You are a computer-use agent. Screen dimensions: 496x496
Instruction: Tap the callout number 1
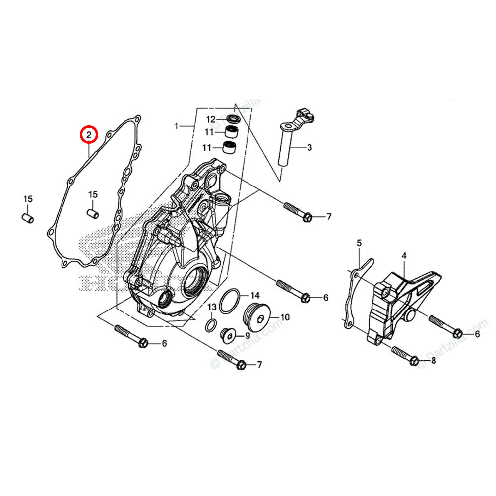point(176,126)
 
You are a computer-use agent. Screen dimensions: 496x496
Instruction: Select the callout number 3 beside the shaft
point(309,147)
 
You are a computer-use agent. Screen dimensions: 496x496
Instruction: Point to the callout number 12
point(211,119)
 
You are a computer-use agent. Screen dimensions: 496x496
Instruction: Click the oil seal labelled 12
point(233,119)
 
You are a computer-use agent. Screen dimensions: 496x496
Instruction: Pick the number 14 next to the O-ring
point(254,295)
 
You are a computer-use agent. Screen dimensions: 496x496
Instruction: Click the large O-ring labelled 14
point(229,302)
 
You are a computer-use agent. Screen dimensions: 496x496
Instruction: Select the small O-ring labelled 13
point(211,326)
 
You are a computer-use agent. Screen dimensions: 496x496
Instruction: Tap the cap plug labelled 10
point(257,317)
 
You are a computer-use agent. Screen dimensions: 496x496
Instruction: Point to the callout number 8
point(433,361)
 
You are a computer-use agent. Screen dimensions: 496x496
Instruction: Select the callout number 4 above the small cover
point(404,256)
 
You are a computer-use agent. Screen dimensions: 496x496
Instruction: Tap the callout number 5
point(359,243)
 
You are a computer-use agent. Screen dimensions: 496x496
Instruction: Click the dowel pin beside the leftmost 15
point(29,218)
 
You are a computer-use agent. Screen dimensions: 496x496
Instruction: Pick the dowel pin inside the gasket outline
point(93,213)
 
